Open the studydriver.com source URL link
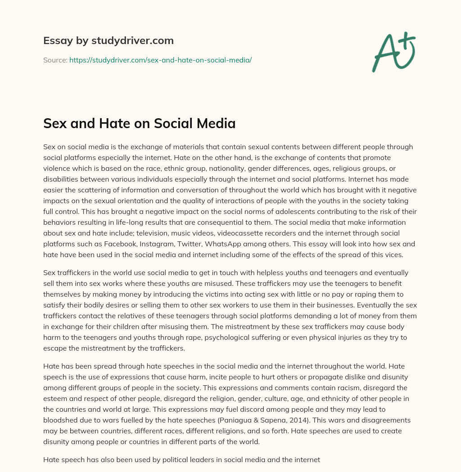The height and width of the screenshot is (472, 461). [160, 60]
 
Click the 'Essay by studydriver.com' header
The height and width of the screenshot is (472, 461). [108, 40]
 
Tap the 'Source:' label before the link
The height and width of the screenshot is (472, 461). [55, 60]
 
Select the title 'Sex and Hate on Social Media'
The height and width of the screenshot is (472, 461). [139, 124]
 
